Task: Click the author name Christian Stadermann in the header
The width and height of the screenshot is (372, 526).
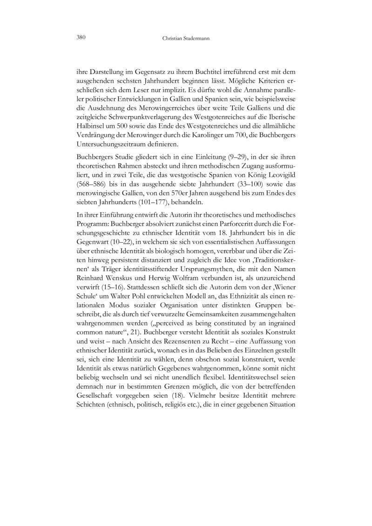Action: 185,38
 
